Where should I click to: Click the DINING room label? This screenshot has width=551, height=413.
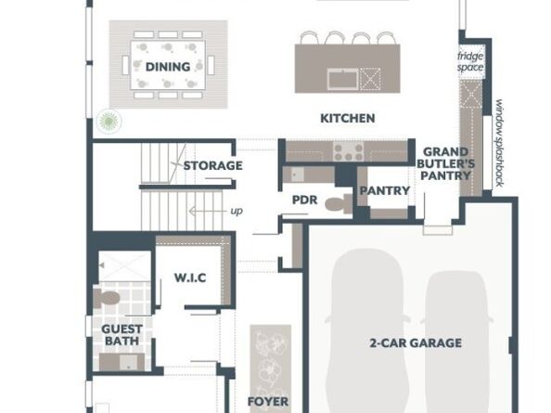point(168,67)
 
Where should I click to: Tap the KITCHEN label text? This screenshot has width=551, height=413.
point(348,118)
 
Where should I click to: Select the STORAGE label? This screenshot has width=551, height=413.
point(213,165)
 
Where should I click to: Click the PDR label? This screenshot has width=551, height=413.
point(304,200)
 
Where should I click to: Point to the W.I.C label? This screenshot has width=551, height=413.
point(190,277)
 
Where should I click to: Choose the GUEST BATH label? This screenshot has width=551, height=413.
point(122,335)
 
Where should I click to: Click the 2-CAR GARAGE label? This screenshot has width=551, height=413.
point(416,342)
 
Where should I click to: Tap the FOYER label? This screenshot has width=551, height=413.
point(268,402)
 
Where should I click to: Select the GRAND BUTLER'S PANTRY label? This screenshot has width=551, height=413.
point(445,163)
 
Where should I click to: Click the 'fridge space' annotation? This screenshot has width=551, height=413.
point(470,61)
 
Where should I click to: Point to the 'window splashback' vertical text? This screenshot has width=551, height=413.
point(499,143)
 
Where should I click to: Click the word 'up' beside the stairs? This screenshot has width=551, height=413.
point(237,211)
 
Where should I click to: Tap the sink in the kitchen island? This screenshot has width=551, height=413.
point(342,79)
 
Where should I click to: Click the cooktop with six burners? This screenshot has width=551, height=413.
point(348,152)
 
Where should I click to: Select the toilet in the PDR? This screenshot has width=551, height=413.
point(338,203)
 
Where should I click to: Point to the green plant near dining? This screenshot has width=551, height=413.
point(109,122)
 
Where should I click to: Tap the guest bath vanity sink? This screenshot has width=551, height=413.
point(129,362)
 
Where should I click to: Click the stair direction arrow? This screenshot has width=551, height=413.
point(207,211)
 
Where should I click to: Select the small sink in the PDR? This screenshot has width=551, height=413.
point(297,174)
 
